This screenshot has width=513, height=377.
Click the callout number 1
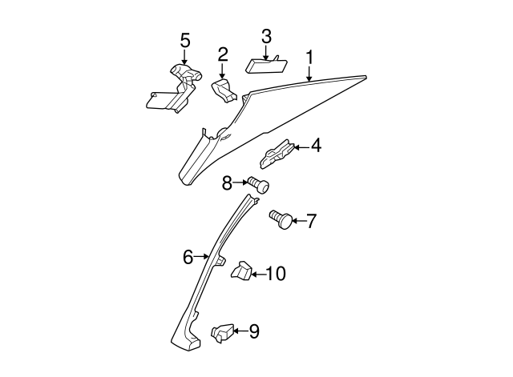[309, 58]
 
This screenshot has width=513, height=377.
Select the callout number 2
[223, 54]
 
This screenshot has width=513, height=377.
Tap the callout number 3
[266, 36]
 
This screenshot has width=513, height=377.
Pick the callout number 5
[185, 39]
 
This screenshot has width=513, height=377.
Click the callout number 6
[188, 257]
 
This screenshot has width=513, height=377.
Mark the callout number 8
[227, 183]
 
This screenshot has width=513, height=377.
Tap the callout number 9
[253, 331]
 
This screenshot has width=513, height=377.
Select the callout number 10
[275, 275]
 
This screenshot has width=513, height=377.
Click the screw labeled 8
[257, 185]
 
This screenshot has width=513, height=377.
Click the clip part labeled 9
[222, 332]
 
